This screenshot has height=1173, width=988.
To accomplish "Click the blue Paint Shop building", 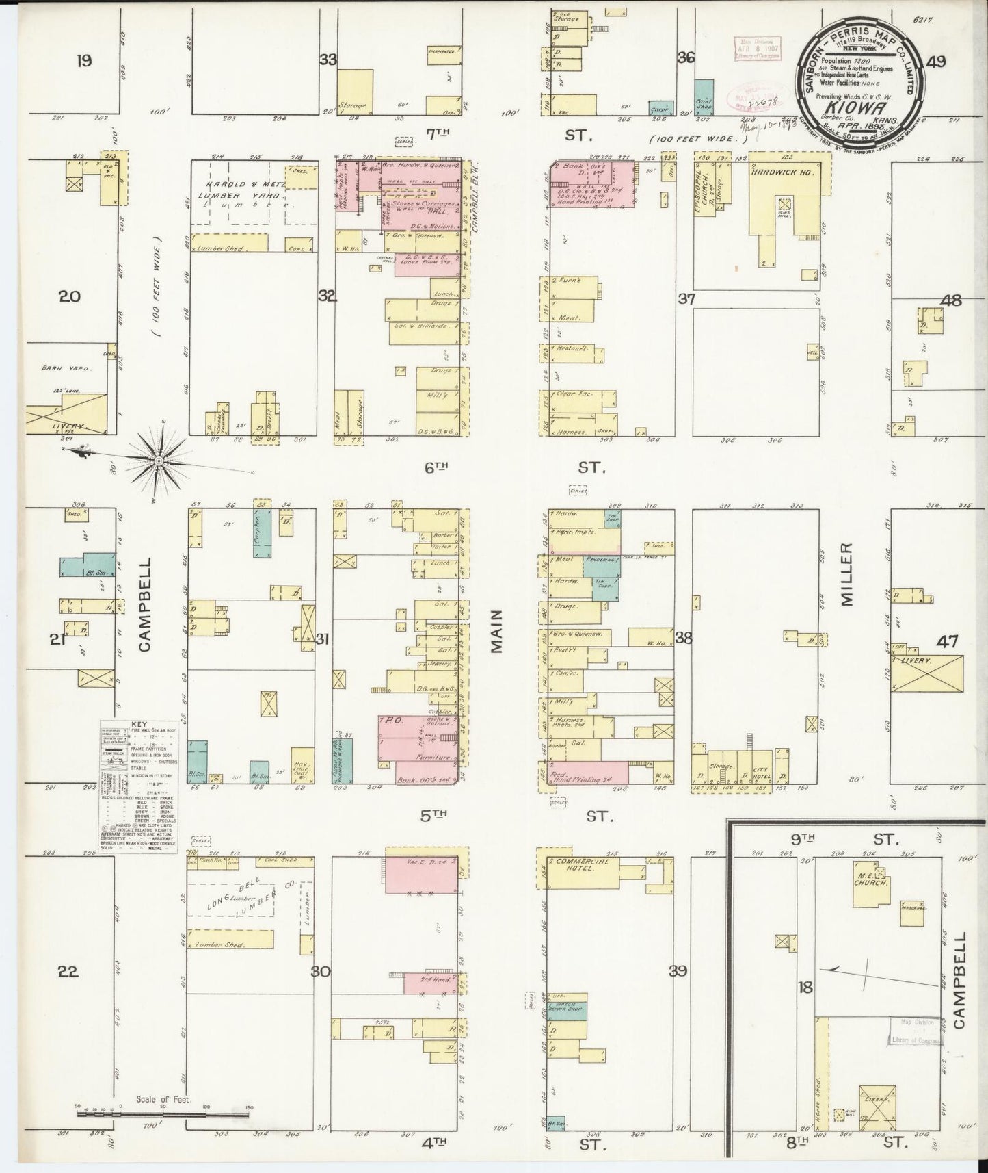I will (x=704, y=97).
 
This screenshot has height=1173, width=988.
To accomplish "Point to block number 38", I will (x=683, y=638).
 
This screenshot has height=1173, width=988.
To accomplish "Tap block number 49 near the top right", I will (x=935, y=62).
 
